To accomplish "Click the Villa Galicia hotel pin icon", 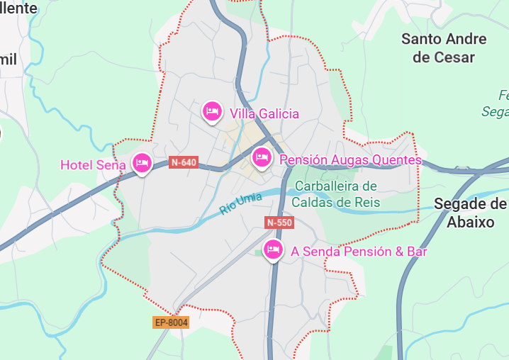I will click(x=211, y=111).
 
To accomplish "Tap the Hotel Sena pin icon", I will click(x=142, y=164).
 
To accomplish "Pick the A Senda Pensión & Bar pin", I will click(x=273, y=249).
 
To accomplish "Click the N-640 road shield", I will click(x=184, y=162).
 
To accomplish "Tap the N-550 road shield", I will click(x=279, y=223).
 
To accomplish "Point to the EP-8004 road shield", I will click(x=172, y=322).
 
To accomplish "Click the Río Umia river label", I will click(x=241, y=204).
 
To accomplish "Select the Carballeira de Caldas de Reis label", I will click(x=336, y=194).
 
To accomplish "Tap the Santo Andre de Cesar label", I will click(x=444, y=47).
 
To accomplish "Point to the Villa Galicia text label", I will click(x=264, y=113).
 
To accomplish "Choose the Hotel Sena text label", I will click(x=93, y=165).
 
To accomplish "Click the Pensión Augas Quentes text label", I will click(x=350, y=160).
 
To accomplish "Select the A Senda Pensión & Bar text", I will click(x=359, y=251).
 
